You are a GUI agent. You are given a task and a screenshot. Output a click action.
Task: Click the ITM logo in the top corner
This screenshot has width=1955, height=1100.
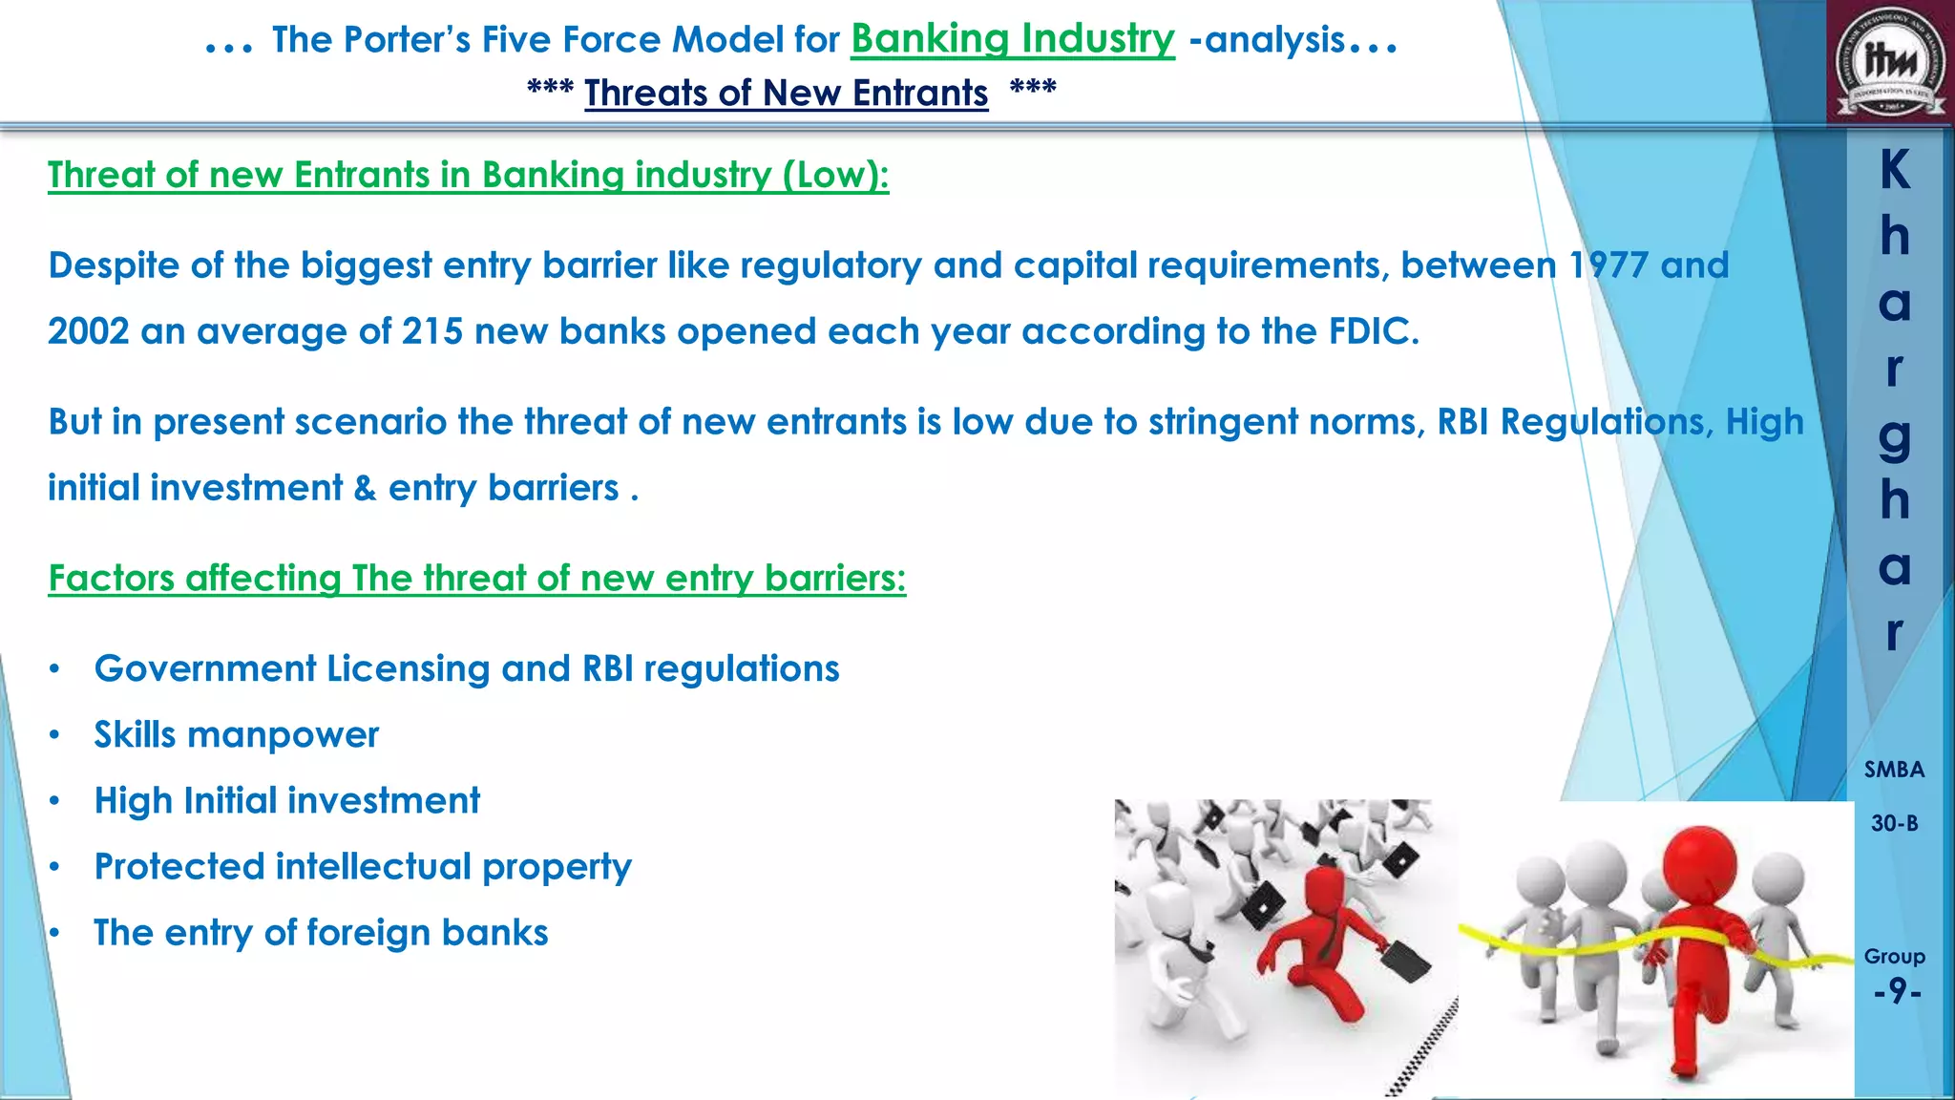tap(1890, 63)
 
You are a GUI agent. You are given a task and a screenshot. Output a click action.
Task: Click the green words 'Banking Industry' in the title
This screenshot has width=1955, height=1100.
tap(1012, 39)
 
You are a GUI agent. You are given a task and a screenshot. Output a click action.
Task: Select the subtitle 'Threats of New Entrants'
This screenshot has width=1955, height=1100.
tap(786, 93)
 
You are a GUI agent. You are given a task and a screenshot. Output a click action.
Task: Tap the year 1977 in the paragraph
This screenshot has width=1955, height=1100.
tap(1608, 265)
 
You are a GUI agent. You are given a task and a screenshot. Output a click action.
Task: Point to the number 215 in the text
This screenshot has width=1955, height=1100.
tap(432, 331)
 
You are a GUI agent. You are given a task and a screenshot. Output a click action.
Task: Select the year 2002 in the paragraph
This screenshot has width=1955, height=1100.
tap(88, 331)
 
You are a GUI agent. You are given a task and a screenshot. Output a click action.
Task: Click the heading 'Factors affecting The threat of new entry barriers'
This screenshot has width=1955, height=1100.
tap(476, 578)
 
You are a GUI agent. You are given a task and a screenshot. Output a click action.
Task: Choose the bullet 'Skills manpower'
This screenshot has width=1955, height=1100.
tap(236, 734)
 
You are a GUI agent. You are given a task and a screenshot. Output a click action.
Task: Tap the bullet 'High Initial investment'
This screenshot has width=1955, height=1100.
tap(286, 800)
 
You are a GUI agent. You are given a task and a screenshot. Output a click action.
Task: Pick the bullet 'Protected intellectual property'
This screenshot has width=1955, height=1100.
tap(363, 866)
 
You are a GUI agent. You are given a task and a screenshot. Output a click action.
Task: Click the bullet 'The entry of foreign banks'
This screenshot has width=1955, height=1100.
tap(321, 932)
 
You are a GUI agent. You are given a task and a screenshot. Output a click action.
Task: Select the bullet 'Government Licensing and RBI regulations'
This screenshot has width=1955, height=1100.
tap(467, 668)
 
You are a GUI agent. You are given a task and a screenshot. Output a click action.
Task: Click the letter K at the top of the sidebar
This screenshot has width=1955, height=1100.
tap(1895, 171)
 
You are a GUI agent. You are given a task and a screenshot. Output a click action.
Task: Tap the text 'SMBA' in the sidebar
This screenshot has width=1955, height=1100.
tap(1894, 770)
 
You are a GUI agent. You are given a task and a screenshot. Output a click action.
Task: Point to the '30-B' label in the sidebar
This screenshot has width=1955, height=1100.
tap(1894, 823)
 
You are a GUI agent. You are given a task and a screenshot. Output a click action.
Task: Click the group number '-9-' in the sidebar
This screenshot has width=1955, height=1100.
tap(1896, 991)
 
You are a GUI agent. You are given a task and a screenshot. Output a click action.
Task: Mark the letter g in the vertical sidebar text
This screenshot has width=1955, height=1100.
tap(1895, 437)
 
